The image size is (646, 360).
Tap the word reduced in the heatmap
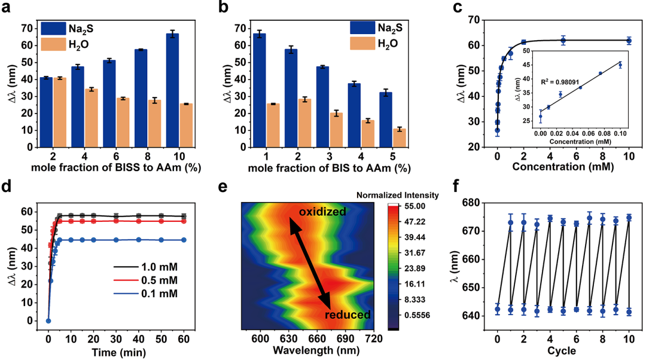tap(349, 315)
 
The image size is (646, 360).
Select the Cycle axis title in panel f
tap(563, 350)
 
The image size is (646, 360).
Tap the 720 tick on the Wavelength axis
tap(374, 340)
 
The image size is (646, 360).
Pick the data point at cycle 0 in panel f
tap(497, 309)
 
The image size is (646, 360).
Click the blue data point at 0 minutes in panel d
tap(48, 321)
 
